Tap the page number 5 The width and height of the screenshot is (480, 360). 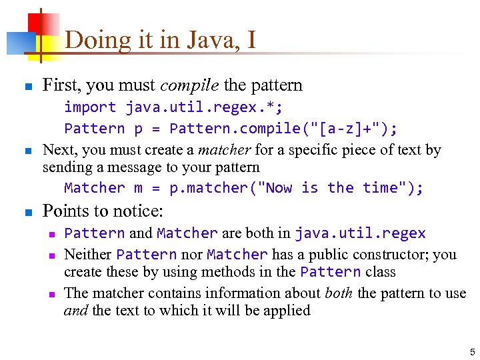pos(472,351)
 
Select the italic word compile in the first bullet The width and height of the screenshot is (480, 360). pos(190,85)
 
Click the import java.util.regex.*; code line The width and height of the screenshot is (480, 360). pos(173,107)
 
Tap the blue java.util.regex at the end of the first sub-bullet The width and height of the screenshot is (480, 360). pos(360,233)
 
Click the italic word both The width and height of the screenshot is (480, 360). pos(339,293)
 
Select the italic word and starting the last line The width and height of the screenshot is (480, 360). pos(75,311)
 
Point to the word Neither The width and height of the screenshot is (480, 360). pos(88,254)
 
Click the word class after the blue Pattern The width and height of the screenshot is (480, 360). pos(381,272)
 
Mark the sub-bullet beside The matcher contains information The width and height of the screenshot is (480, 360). pos(51,294)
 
